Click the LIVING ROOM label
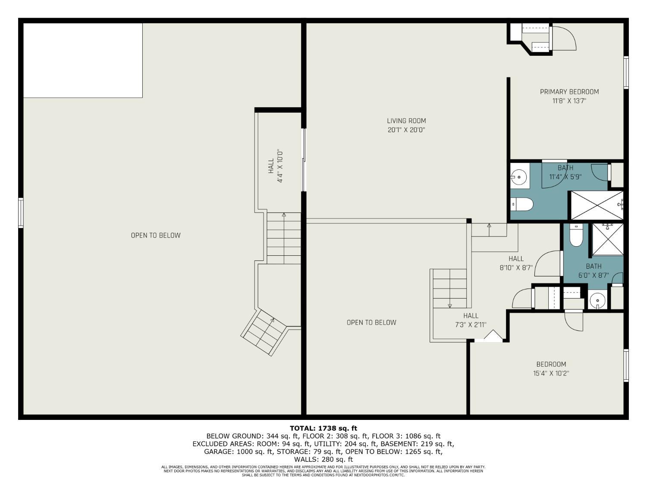coord(406,121)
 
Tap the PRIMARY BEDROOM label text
coord(569,92)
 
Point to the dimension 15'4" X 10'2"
coord(551,373)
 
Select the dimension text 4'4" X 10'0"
coord(280,166)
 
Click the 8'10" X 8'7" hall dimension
coord(516,268)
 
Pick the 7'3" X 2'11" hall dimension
coord(471,325)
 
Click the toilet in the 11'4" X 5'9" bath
coord(522,204)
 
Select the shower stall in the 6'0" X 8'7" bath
coord(608,239)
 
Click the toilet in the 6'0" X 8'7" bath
coord(576,235)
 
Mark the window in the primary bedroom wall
coord(626,72)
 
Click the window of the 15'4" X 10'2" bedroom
coord(626,365)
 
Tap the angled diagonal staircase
coord(264,332)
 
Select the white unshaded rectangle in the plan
coord(83,60)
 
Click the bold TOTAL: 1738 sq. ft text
coord(323,428)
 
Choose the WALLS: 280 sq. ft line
coord(323,459)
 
